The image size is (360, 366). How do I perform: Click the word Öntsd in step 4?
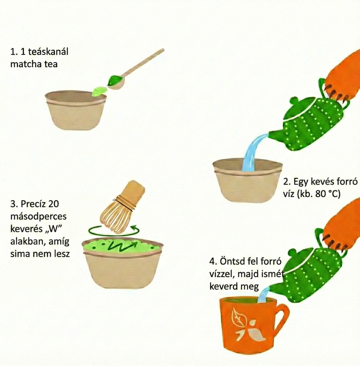coord(230,262)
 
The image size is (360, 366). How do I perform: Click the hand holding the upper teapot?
coord(340,76)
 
